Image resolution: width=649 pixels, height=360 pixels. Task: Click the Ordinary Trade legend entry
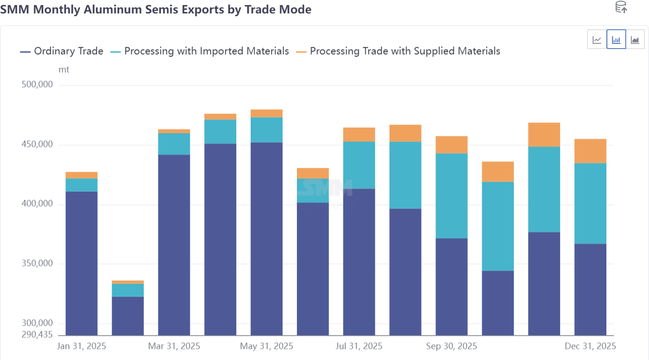62,51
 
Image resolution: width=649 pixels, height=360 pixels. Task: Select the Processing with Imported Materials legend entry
200,51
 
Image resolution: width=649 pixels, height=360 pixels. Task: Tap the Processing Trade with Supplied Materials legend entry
398,51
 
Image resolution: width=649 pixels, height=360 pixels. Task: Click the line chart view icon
597,39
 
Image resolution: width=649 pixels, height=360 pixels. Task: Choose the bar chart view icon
616,39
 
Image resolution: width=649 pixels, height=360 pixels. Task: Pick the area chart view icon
635,39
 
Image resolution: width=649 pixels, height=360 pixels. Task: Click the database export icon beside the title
621,7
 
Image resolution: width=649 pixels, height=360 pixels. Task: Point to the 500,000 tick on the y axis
37,85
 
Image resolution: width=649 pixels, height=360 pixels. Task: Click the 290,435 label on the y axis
37,335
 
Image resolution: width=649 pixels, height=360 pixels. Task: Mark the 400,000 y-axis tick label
37,204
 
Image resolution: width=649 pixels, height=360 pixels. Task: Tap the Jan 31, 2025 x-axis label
82,346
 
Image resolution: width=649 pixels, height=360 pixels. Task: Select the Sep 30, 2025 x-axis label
452,346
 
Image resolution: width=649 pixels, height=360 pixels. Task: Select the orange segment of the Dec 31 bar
591,151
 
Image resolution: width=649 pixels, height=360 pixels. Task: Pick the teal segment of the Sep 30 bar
452,196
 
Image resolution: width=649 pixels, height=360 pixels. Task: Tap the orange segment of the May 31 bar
266,114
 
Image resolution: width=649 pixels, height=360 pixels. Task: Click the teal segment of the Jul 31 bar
359,165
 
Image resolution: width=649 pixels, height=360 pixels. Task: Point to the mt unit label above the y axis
64,70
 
